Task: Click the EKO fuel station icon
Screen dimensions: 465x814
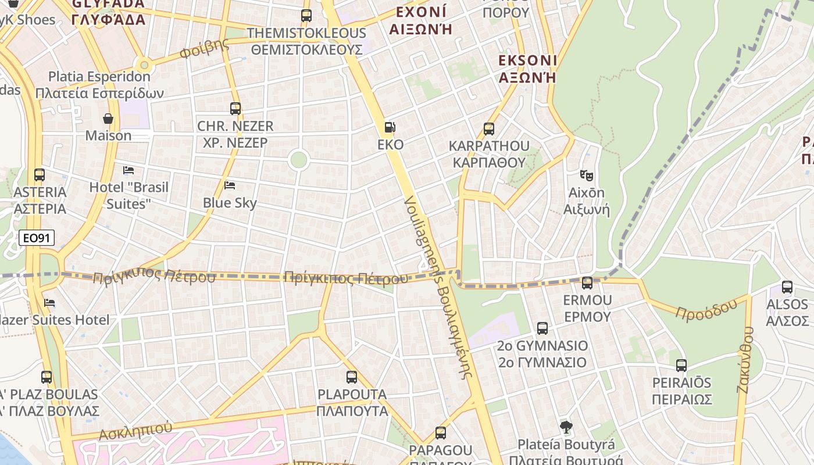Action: (x=390, y=127)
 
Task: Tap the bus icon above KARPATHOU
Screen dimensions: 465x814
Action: (x=489, y=128)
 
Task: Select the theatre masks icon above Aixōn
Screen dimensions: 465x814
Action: (x=586, y=174)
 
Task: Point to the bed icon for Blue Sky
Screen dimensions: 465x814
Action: (x=230, y=185)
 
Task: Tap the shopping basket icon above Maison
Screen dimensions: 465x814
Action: (x=108, y=119)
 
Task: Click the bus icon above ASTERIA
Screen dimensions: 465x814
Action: (x=40, y=174)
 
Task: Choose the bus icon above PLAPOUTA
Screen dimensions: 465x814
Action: (x=352, y=377)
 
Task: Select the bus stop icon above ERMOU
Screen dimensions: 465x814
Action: (x=587, y=283)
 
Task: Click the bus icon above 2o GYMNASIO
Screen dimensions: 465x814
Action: (x=542, y=328)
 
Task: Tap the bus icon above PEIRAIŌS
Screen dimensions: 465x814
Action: (x=681, y=366)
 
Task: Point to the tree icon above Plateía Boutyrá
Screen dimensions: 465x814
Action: (x=566, y=427)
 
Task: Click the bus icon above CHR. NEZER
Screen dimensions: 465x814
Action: (x=235, y=109)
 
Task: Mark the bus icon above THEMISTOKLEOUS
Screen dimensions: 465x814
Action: (x=306, y=16)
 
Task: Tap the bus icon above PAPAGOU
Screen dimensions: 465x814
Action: (x=441, y=433)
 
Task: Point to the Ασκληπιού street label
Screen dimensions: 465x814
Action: (x=135, y=431)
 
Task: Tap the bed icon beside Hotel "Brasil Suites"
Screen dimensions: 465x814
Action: (x=128, y=170)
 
